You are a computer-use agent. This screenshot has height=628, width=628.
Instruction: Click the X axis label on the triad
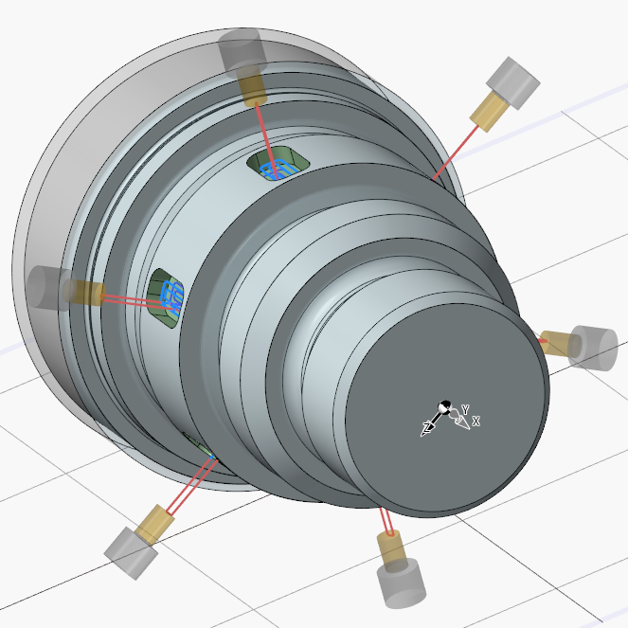(x=475, y=421)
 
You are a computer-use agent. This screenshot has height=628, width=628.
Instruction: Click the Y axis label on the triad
(x=465, y=409)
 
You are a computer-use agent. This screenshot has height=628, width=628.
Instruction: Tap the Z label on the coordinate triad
(x=428, y=426)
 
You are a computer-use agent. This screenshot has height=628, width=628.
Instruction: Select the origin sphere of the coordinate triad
(x=444, y=407)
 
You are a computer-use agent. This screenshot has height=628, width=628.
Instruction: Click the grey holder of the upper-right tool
(x=513, y=83)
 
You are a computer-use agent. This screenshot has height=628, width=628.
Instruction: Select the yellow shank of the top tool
(x=252, y=90)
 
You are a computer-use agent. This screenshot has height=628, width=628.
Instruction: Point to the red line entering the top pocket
(x=265, y=140)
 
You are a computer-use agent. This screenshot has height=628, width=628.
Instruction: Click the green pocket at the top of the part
(x=278, y=163)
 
